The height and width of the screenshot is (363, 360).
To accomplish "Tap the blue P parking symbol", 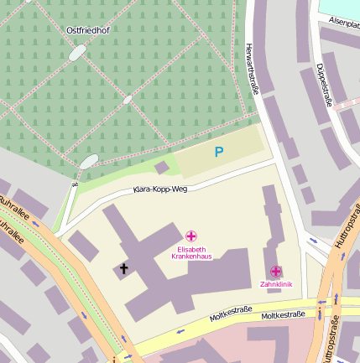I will [x=219, y=152].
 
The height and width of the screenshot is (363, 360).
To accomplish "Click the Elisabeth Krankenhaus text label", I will [x=191, y=252].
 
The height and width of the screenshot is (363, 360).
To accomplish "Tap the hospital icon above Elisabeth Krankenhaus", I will [x=191, y=236].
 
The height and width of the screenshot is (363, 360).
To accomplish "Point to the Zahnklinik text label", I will [x=275, y=283].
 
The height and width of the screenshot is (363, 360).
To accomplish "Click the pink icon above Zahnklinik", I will [x=275, y=271].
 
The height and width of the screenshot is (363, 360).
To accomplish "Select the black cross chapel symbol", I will [x=123, y=269].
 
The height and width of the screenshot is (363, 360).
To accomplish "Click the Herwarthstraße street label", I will [x=250, y=70].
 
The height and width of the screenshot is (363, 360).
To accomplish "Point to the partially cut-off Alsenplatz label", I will [x=344, y=22].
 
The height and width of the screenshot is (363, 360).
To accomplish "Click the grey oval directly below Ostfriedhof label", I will [x=77, y=53].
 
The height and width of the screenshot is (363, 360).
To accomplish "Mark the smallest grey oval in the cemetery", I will [x=128, y=100].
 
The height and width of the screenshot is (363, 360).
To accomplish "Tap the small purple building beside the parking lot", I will [x=161, y=168].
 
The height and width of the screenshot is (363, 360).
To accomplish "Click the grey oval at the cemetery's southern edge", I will [x=88, y=160].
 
